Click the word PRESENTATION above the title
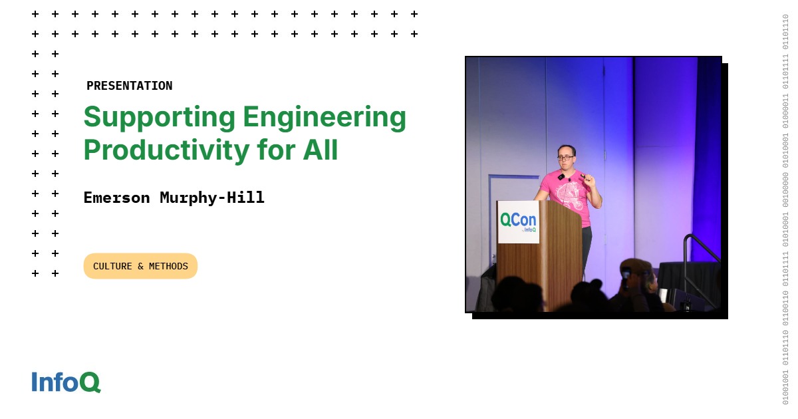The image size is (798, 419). [129, 86]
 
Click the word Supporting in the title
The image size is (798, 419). [159, 118]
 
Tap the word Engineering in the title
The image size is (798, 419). [325, 118]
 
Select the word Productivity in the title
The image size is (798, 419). [166, 150]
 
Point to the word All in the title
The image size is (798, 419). [321, 150]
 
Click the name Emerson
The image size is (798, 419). [116, 198]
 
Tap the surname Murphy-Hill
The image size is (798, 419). [212, 198]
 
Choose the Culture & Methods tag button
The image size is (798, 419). [140, 266]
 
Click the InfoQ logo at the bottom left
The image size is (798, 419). [66, 382]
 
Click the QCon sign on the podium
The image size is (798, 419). [518, 221]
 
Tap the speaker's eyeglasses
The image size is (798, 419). [566, 158]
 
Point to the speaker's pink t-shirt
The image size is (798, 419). [566, 196]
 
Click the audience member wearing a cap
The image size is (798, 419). [636, 281]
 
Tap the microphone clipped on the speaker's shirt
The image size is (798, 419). [561, 177]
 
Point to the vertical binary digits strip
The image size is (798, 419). [785, 209]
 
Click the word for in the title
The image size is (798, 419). [275, 150]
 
